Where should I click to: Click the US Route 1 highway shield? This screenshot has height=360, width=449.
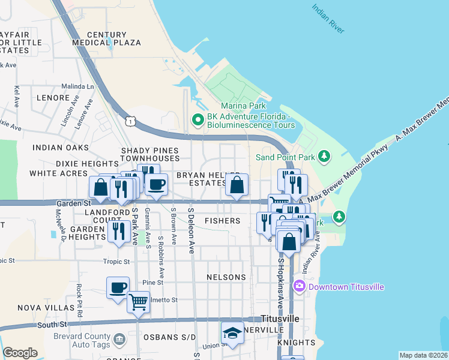(x=130, y=122)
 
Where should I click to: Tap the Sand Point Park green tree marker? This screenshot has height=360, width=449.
(x=324, y=157)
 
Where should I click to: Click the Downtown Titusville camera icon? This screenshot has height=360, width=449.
(x=300, y=287)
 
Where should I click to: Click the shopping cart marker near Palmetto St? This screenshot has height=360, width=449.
(x=139, y=302)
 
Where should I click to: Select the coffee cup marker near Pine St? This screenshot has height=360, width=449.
(x=118, y=287)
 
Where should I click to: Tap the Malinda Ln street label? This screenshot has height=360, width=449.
(x=78, y=86)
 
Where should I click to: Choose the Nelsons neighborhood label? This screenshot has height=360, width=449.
(x=226, y=277)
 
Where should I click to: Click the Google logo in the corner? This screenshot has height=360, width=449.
(x=20, y=353)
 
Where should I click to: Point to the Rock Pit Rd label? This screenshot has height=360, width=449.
(x=79, y=300)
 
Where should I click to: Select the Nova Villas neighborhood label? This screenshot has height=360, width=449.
(x=37, y=308)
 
